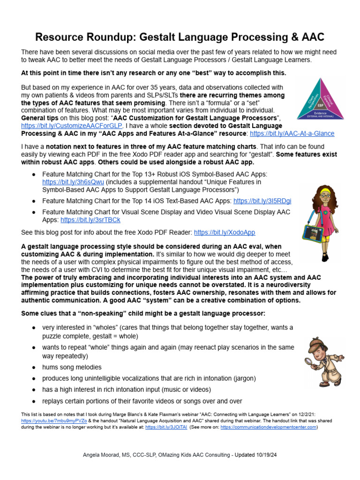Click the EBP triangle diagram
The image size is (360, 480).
coord(320,99)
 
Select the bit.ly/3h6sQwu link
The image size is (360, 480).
coord(67,182)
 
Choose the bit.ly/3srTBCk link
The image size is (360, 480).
coord(90,219)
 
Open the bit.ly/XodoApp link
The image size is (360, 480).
coord(225,232)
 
